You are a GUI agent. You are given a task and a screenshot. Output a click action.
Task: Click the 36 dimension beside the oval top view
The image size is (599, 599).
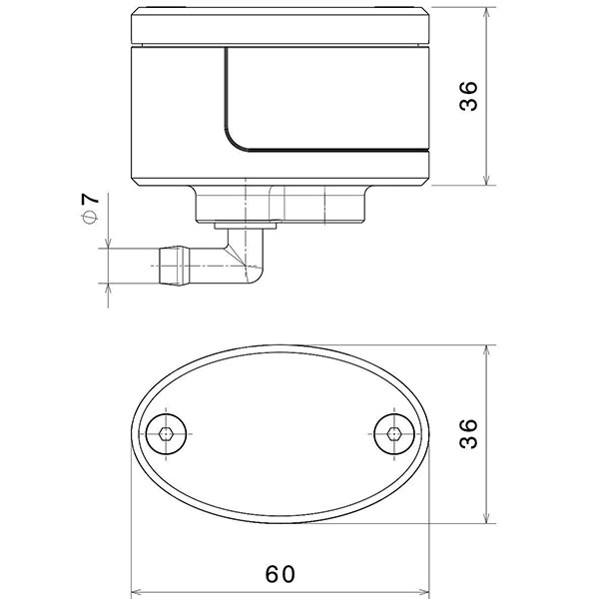[x=471, y=434]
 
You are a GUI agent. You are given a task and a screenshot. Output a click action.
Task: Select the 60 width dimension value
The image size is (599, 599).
[x=281, y=574]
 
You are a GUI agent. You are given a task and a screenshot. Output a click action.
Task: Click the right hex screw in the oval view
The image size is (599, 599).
[x=394, y=434]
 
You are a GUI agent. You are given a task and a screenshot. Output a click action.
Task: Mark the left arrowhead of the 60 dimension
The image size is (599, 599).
[x=137, y=589]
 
